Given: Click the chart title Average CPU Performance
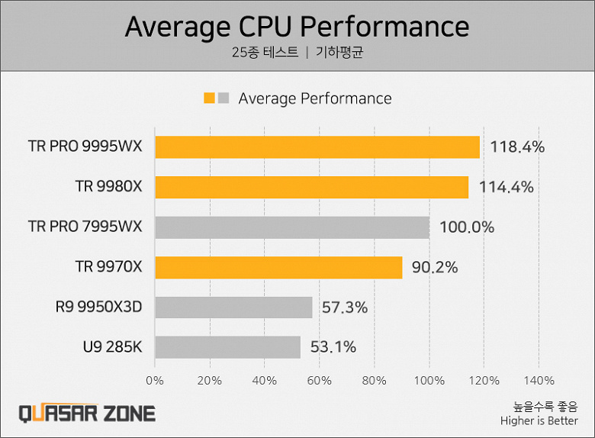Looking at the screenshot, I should pos(297,27).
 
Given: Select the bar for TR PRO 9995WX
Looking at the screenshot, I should pos(317,147).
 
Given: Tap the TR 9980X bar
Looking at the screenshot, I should pos(311,187).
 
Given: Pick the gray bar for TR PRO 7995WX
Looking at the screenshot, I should pos(291,227).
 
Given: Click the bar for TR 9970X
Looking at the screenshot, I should pos(278,267).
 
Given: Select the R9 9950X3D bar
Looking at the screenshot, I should pos(233,308).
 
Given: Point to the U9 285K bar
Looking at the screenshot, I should pos(227,347).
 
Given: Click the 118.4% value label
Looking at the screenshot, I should pos(517,147).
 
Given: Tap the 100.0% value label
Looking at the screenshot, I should pos(467,227).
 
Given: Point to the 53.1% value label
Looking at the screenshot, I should pos(333,347).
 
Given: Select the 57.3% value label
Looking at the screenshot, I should pos(345,308).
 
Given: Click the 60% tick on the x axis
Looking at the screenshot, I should pos(319,380).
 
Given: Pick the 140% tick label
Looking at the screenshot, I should pos(539,380).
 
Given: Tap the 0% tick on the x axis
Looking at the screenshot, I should pos(155,380).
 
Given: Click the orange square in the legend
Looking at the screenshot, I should pos(209,98).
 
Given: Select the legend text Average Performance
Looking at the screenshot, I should pos(314,98).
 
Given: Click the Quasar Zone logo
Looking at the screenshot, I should pos(86,414).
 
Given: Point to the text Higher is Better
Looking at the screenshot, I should pos(539,420).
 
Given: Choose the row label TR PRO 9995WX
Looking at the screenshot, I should pos(85,147).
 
